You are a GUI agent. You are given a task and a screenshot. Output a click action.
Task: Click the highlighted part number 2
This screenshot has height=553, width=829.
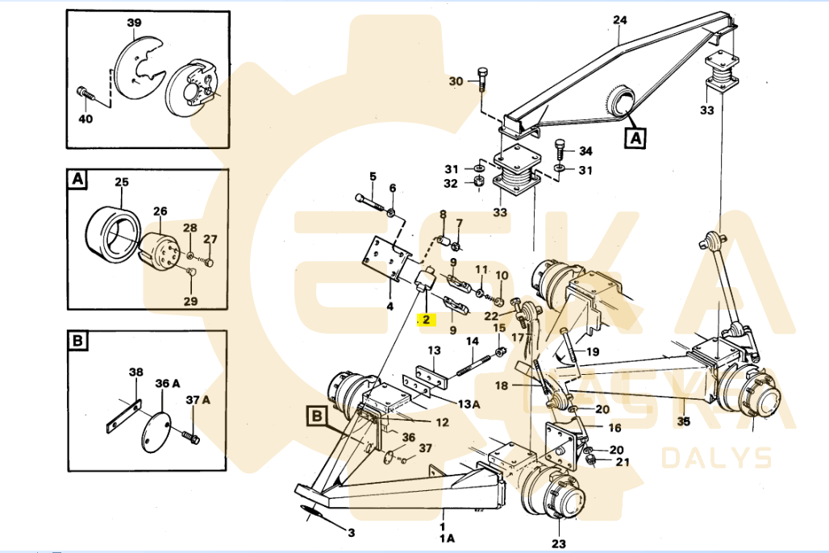click(x=425, y=319)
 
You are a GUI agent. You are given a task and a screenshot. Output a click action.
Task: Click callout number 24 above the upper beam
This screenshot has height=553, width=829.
click(x=619, y=20)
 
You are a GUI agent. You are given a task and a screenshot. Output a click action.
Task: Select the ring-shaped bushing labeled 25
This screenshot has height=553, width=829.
click(x=114, y=235)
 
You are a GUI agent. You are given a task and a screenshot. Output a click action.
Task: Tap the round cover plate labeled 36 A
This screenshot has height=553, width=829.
click(x=156, y=432)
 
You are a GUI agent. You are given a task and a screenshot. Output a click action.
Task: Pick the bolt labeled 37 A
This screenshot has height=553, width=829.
click(x=192, y=437)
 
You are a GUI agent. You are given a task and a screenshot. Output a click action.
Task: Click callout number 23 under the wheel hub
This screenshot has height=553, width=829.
click(x=558, y=543)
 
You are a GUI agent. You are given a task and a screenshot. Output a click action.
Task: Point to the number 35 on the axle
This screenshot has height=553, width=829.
click(x=684, y=420)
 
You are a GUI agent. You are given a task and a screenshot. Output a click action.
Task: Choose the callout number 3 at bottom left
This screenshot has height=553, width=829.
click(x=351, y=532)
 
